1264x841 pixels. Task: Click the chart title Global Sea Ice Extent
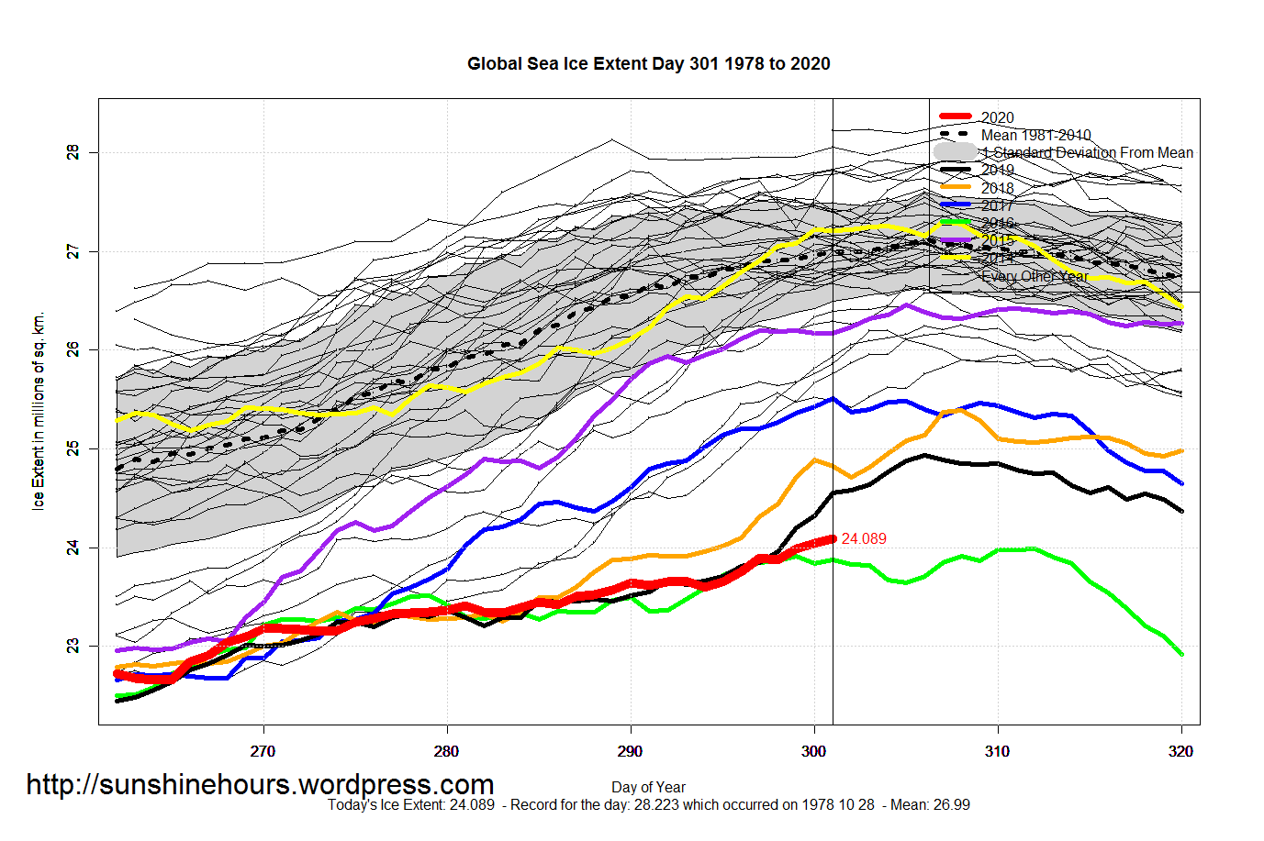(648, 64)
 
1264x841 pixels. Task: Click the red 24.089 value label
(864, 539)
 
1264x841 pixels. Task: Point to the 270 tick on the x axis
(263, 751)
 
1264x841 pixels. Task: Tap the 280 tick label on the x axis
(447, 751)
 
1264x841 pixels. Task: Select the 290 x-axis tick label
(631, 751)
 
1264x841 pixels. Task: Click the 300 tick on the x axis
(814, 751)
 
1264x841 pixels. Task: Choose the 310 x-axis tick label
(998, 751)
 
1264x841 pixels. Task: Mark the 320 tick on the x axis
(1181, 751)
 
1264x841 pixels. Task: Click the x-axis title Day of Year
(648, 787)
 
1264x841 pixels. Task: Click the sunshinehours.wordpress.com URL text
(260, 785)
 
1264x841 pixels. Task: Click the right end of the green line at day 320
(1181, 654)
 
